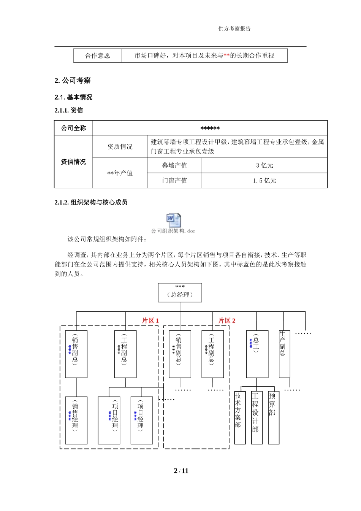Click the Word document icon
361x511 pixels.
tap(173, 220)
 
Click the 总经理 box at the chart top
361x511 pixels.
tap(180, 292)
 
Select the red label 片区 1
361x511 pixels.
tap(150, 321)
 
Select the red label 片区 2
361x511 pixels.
tap(227, 321)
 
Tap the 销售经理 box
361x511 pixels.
tap(76, 420)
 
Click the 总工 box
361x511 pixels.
tap(257, 354)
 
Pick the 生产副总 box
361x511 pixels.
tap(284, 354)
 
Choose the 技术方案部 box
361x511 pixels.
tap(240, 417)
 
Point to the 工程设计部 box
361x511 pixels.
tap(256, 417)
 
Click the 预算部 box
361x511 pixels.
tap(274, 417)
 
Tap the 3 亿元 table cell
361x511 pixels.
tap(264, 165)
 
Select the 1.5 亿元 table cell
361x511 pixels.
tap(264, 181)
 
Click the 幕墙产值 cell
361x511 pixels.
tap(174, 165)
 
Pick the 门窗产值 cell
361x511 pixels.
tap(174, 181)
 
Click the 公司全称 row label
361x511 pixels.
tap(74, 128)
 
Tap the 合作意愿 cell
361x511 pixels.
tap(98, 56)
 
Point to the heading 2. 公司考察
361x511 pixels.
tap(73, 81)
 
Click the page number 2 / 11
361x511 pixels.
tap(181, 471)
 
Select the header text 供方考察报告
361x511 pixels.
tap(234, 29)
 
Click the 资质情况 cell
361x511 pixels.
tap(120, 147)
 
